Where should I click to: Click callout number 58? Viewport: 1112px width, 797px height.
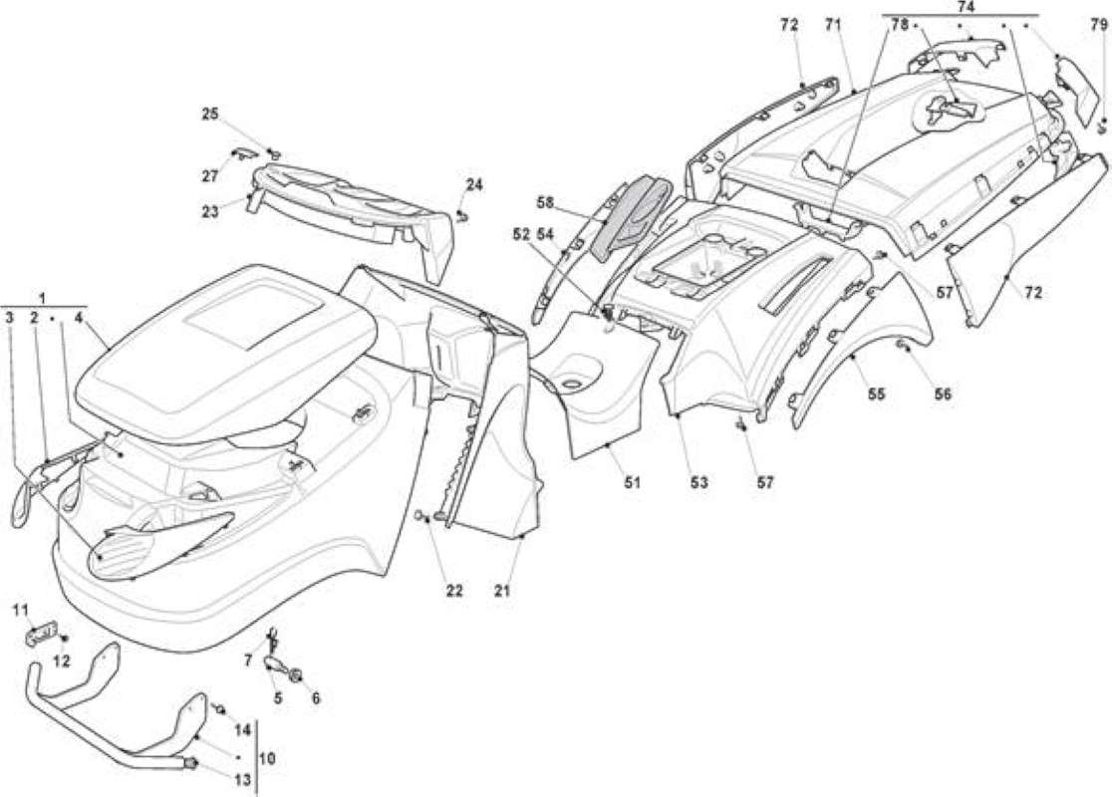[545, 203]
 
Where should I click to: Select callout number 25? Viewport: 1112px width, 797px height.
[210, 115]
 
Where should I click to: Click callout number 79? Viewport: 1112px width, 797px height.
[1098, 26]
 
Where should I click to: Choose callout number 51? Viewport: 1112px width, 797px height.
[631, 483]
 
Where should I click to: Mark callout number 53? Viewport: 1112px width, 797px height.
[698, 483]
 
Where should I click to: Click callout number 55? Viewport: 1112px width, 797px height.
[877, 394]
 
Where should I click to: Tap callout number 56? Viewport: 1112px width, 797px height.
[942, 394]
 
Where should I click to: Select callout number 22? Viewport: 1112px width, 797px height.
[454, 590]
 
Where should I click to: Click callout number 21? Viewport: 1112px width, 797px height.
[502, 590]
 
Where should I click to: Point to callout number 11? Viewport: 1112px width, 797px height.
[21, 609]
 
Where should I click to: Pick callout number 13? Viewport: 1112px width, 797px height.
[242, 780]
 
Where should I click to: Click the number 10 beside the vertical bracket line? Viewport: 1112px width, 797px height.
[267, 759]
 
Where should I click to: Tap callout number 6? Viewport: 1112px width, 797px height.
[316, 698]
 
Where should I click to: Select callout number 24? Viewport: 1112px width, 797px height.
[473, 185]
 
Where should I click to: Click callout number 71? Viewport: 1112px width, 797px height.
[832, 26]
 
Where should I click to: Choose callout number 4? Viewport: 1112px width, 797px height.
[78, 318]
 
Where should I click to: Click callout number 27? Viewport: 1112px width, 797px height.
[210, 176]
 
